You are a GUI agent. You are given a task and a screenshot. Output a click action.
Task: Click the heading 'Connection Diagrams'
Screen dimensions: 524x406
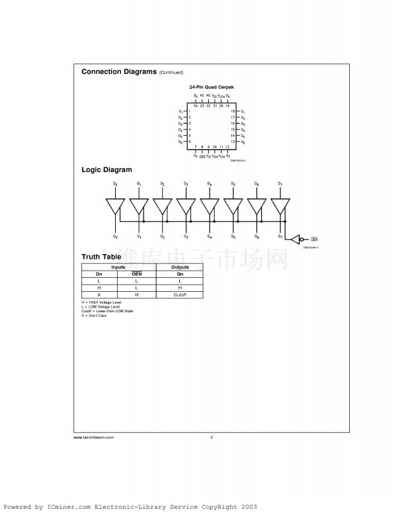119,71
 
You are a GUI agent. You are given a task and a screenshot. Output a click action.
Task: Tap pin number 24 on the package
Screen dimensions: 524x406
196,106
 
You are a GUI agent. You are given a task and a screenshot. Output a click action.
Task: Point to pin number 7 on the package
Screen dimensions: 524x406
196,146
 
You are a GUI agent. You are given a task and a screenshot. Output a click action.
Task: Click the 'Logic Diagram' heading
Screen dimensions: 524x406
106,170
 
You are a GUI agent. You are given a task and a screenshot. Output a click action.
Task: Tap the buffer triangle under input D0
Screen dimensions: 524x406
115,206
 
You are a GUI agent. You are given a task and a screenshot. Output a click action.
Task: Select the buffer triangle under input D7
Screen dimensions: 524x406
280,206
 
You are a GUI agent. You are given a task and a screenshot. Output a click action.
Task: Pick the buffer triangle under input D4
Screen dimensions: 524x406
210,206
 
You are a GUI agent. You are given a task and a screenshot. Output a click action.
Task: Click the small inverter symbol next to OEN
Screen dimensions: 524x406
298,239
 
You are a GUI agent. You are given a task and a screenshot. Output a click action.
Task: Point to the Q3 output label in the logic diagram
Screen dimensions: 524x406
186,236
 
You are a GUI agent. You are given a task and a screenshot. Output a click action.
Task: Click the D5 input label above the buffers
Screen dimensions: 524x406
233,183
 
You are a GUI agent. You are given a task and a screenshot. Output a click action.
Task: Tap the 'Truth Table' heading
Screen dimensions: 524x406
101,257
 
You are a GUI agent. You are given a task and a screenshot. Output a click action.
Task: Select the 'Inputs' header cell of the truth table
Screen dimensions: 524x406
118,267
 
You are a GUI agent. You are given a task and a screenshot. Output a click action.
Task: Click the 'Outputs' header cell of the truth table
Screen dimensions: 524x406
180,267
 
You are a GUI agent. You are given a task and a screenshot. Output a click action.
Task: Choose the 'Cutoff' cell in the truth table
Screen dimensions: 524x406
180,294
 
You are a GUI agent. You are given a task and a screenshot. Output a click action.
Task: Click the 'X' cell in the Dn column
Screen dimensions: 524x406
99,294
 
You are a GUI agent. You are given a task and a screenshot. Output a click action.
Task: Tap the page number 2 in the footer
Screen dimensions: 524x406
211,437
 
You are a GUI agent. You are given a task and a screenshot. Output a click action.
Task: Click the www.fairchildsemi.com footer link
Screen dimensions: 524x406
94,437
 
